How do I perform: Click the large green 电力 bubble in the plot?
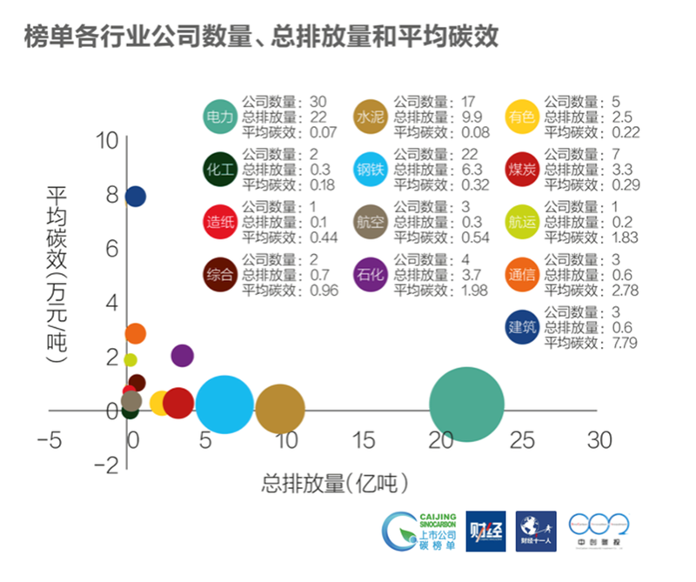(x=467, y=405)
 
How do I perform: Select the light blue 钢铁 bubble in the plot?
(x=224, y=404)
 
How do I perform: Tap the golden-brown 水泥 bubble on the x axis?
(x=280, y=409)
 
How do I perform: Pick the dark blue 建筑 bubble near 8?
(x=135, y=197)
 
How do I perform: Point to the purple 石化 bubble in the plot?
(x=182, y=355)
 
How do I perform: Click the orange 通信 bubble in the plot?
(x=135, y=333)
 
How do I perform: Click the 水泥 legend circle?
(x=371, y=117)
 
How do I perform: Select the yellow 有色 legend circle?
(x=521, y=117)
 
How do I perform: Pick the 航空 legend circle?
(x=371, y=221)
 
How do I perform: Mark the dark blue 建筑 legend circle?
(x=521, y=326)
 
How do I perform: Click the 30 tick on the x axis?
(x=599, y=440)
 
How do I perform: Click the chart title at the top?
(x=262, y=36)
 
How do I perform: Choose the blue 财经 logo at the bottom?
(x=485, y=531)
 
